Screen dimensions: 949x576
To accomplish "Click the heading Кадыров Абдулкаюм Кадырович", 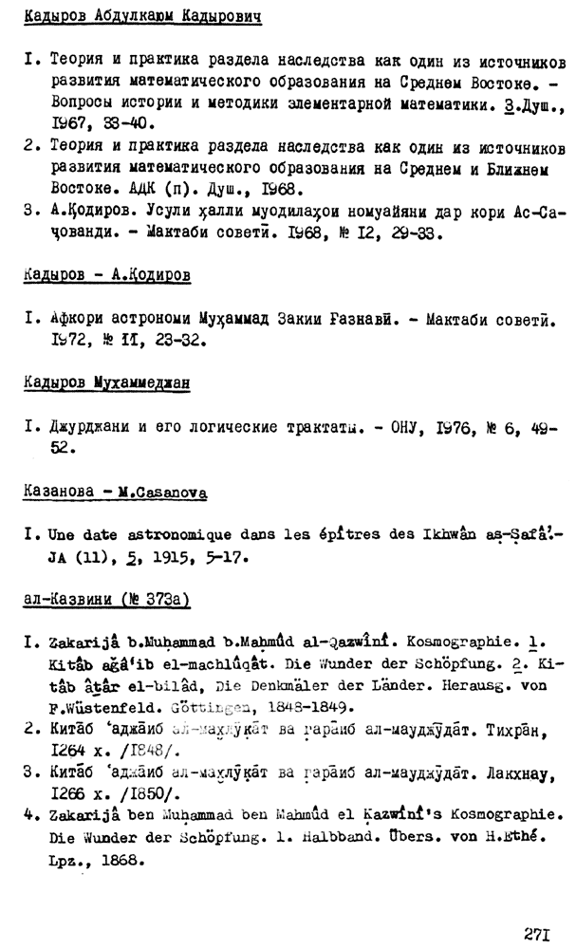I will (140, 17).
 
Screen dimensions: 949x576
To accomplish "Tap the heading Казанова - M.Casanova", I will (114, 493).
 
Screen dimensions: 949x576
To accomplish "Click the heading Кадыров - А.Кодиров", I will (105, 274).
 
